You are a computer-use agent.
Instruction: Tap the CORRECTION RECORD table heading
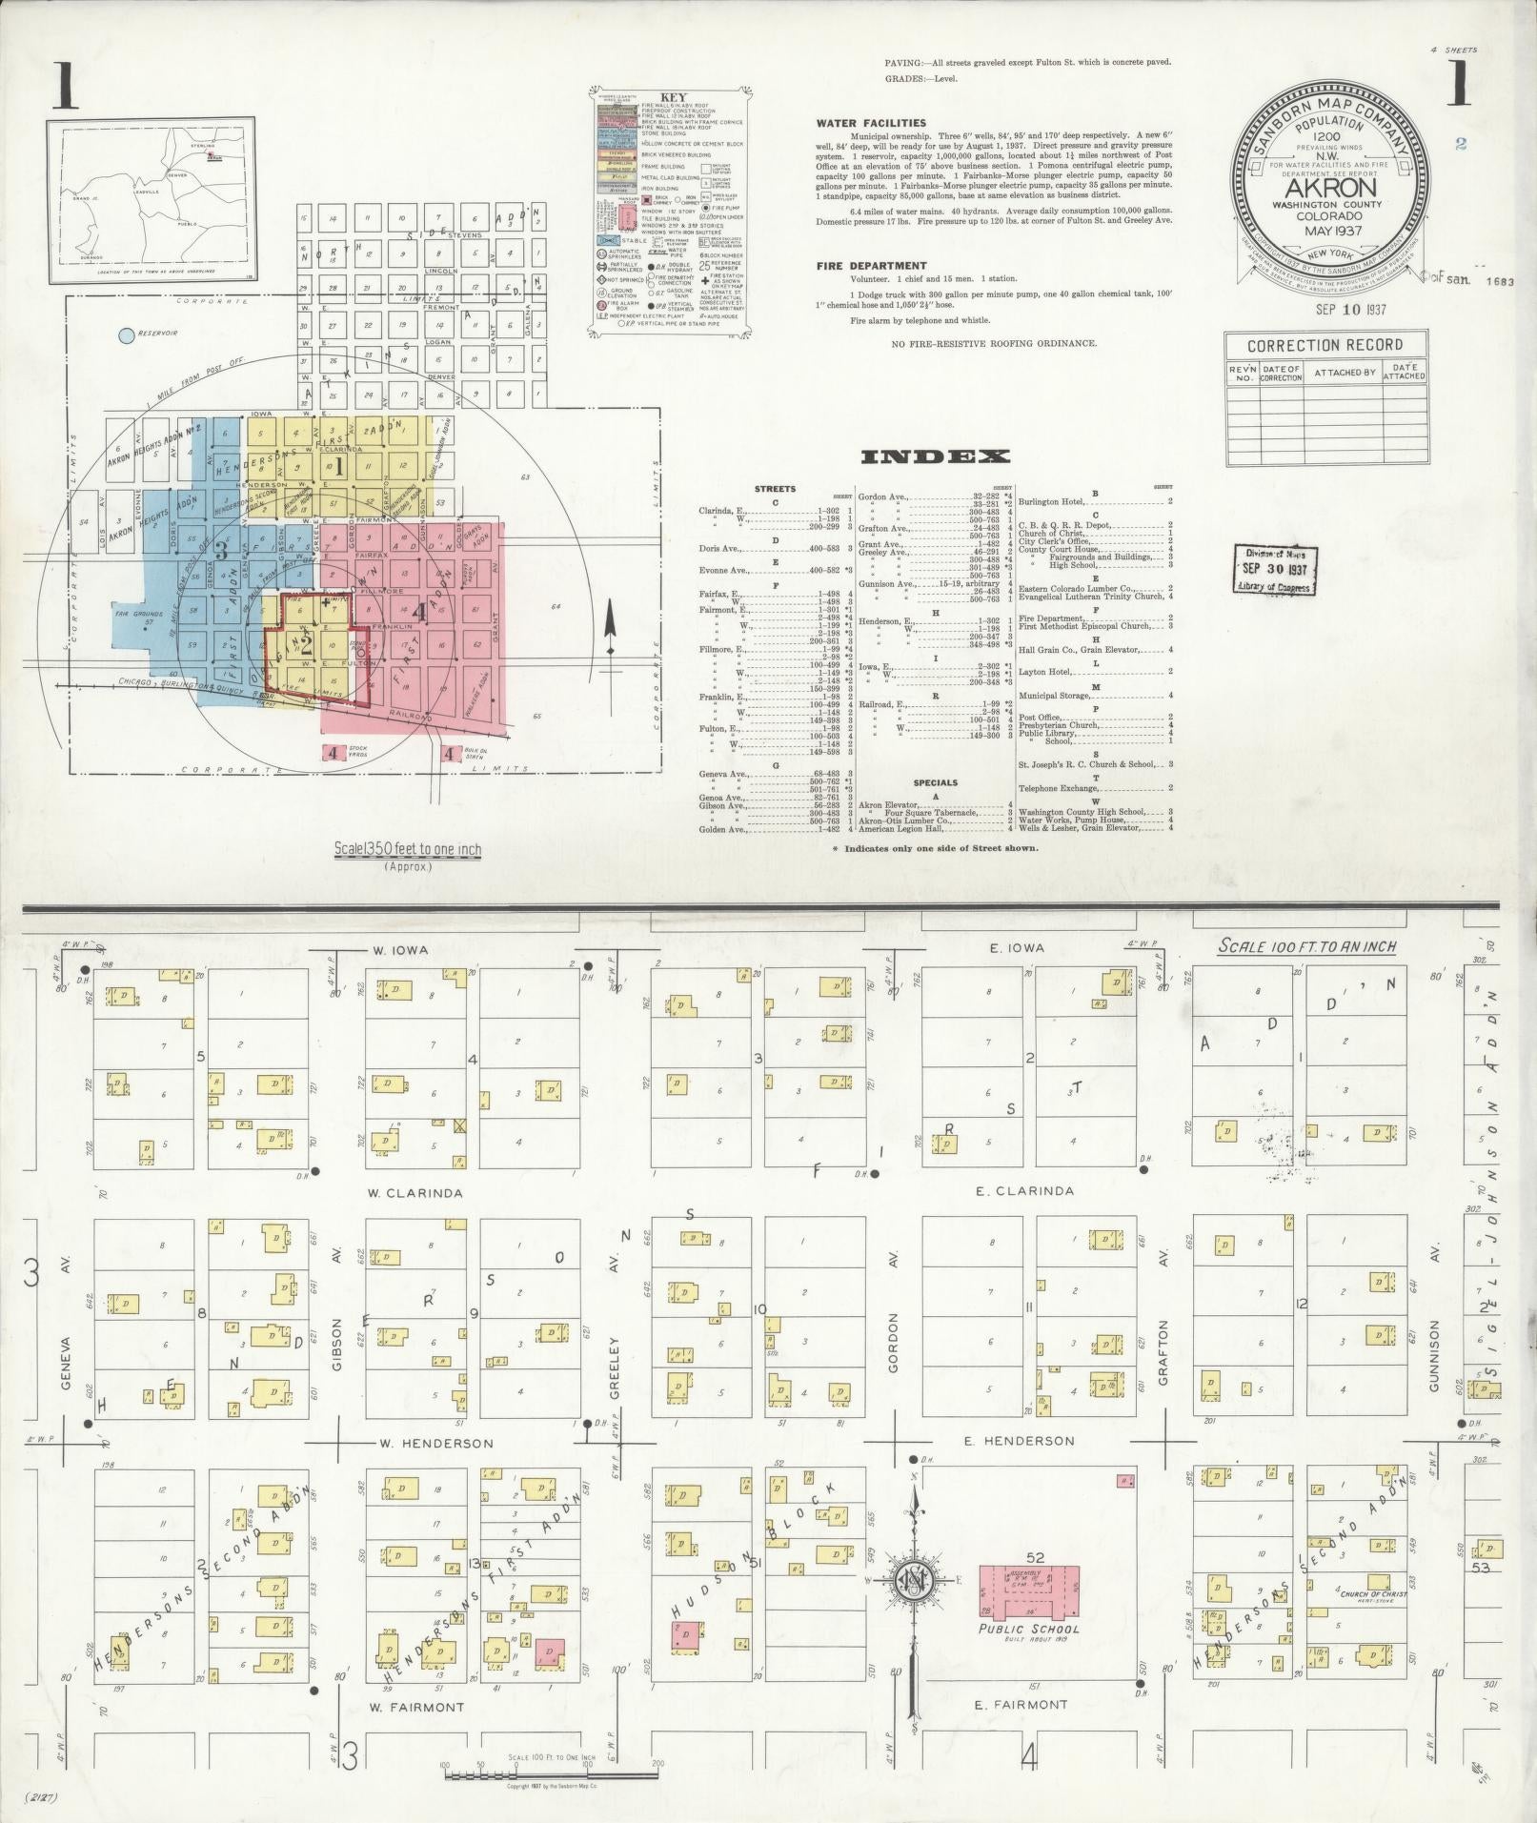pyautogui.click(x=1325, y=345)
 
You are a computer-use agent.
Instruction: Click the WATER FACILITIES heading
pyautogui.click(x=870, y=123)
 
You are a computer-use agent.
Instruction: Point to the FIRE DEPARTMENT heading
pyautogui.click(x=871, y=266)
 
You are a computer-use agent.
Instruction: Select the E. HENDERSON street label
pyautogui.click(x=1019, y=1442)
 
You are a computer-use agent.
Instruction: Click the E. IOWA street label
pyautogui.click(x=1017, y=947)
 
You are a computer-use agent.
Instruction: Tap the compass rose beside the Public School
pyautogui.click(x=915, y=1583)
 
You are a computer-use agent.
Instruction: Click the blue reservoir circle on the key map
pyautogui.click(x=125, y=335)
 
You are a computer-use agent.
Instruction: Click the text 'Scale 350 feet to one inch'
pyautogui.click(x=407, y=849)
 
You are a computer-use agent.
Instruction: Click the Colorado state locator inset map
pyautogui.click(x=155, y=194)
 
